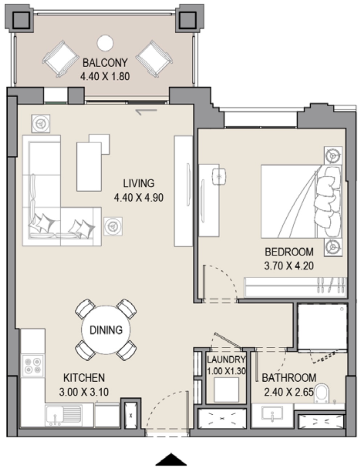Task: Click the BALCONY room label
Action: coord(105,63)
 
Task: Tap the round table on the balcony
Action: coord(105,43)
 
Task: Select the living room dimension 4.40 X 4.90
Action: coord(139,197)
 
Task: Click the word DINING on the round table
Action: coord(106,330)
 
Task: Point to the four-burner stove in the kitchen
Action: coord(33,365)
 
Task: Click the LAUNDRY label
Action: coord(226,359)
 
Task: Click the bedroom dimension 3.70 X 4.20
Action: coord(289,266)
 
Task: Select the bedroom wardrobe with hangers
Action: coord(295,288)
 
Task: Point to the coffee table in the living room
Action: coord(89,167)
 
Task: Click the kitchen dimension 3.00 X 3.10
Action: coord(84,392)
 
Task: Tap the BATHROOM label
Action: coord(289,378)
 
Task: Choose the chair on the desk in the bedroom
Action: coord(219,177)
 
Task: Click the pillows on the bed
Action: coord(328,202)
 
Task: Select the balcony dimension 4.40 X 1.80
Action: coord(105,76)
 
